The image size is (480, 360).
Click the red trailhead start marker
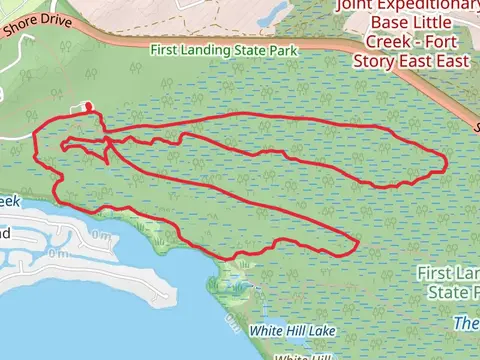[x=86, y=106]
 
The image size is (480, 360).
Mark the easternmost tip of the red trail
[x=445, y=163]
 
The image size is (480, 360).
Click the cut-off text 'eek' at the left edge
[x=8, y=201]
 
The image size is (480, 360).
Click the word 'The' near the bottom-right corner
[x=466, y=323]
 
